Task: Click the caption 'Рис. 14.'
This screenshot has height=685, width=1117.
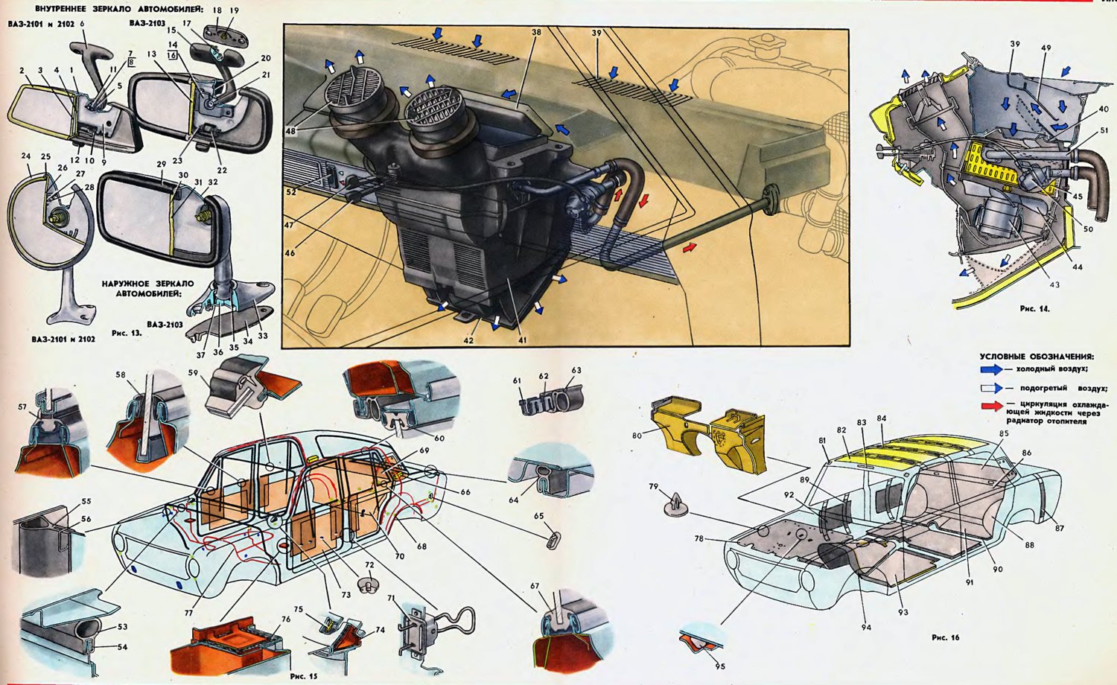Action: click(x=1035, y=308)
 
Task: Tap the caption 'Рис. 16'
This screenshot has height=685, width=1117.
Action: click(x=946, y=637)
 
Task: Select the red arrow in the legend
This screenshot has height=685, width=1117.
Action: click(x=991, y=406)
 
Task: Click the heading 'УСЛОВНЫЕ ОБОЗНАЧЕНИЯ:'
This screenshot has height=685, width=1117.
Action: click(x=1037, y=357)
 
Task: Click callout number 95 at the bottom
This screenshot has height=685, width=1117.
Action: click(x=719, y=666)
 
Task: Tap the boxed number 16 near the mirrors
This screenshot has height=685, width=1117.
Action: click(x=172, y=55)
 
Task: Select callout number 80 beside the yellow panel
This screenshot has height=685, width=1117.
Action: click(x=637, y=436)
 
